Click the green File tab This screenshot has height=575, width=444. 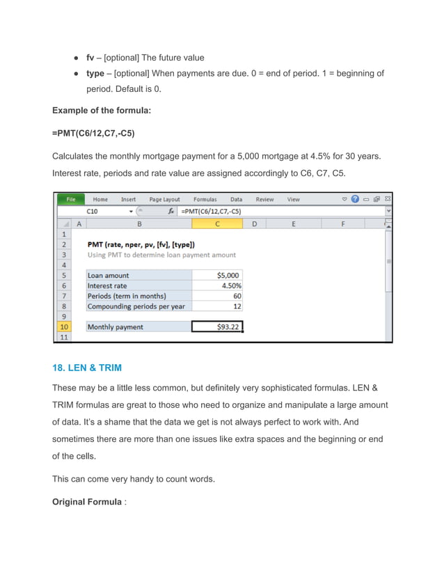coord(70,199)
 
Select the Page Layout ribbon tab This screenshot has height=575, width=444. coord(164,199)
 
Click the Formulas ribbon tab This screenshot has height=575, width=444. coord(205,199)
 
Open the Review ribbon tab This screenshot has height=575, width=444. coord(264,199)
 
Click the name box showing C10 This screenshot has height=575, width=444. coord(104,211)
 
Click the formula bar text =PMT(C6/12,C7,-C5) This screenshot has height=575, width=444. coord(212,211)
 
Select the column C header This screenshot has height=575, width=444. coord(217,223)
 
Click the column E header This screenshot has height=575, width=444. coord(293,223)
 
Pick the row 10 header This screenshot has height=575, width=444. coord(63,326)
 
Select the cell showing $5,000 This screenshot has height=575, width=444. coord(217,275)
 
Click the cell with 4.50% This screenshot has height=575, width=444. coord(217,285)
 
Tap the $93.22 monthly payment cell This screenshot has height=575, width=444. coord(217,326)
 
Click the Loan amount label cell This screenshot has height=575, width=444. coord(109,275)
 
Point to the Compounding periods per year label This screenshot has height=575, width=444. coord(136,306)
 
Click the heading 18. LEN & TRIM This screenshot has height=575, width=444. coord(86,368)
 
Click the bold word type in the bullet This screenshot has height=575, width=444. coord(95,73)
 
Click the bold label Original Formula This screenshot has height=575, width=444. coord(88,502)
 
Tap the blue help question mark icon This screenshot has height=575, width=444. coord(355,199)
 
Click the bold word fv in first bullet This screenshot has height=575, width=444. coord(90,57)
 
